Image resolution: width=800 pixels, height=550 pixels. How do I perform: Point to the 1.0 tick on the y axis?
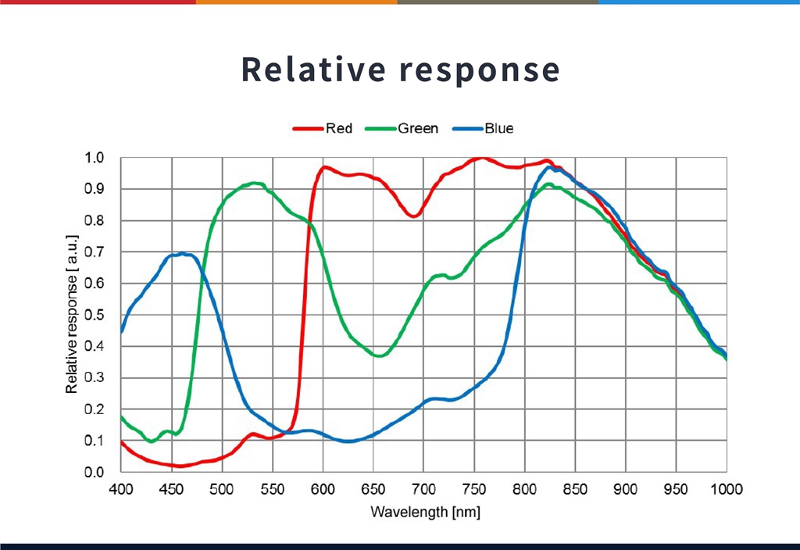[x=95, y=158]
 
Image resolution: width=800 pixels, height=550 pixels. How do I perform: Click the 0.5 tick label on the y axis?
[x=95, y=315]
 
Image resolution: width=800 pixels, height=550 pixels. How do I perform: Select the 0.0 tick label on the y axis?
[x=95, y=472]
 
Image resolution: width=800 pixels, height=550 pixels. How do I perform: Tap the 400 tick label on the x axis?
[x=121, y=489]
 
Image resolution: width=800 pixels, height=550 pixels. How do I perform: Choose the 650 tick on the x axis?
[x=373, y=489]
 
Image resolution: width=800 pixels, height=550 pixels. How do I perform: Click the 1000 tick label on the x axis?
[x=726, y=489]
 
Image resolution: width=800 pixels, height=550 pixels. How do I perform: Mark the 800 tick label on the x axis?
[x=525, y=489]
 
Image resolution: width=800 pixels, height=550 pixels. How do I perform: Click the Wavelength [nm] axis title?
[x=425, y=512]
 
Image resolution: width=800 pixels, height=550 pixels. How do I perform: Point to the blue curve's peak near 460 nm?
[x=182, y=254]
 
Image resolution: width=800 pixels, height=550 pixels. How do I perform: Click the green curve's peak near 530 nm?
[x=255, y=184]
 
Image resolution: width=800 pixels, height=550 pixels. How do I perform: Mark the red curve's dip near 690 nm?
[x=414, y=216]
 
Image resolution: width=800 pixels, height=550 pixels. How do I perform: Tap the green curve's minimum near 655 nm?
[x=380, y=355]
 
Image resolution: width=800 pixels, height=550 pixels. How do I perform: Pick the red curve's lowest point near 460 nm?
[x=180, y=466]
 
